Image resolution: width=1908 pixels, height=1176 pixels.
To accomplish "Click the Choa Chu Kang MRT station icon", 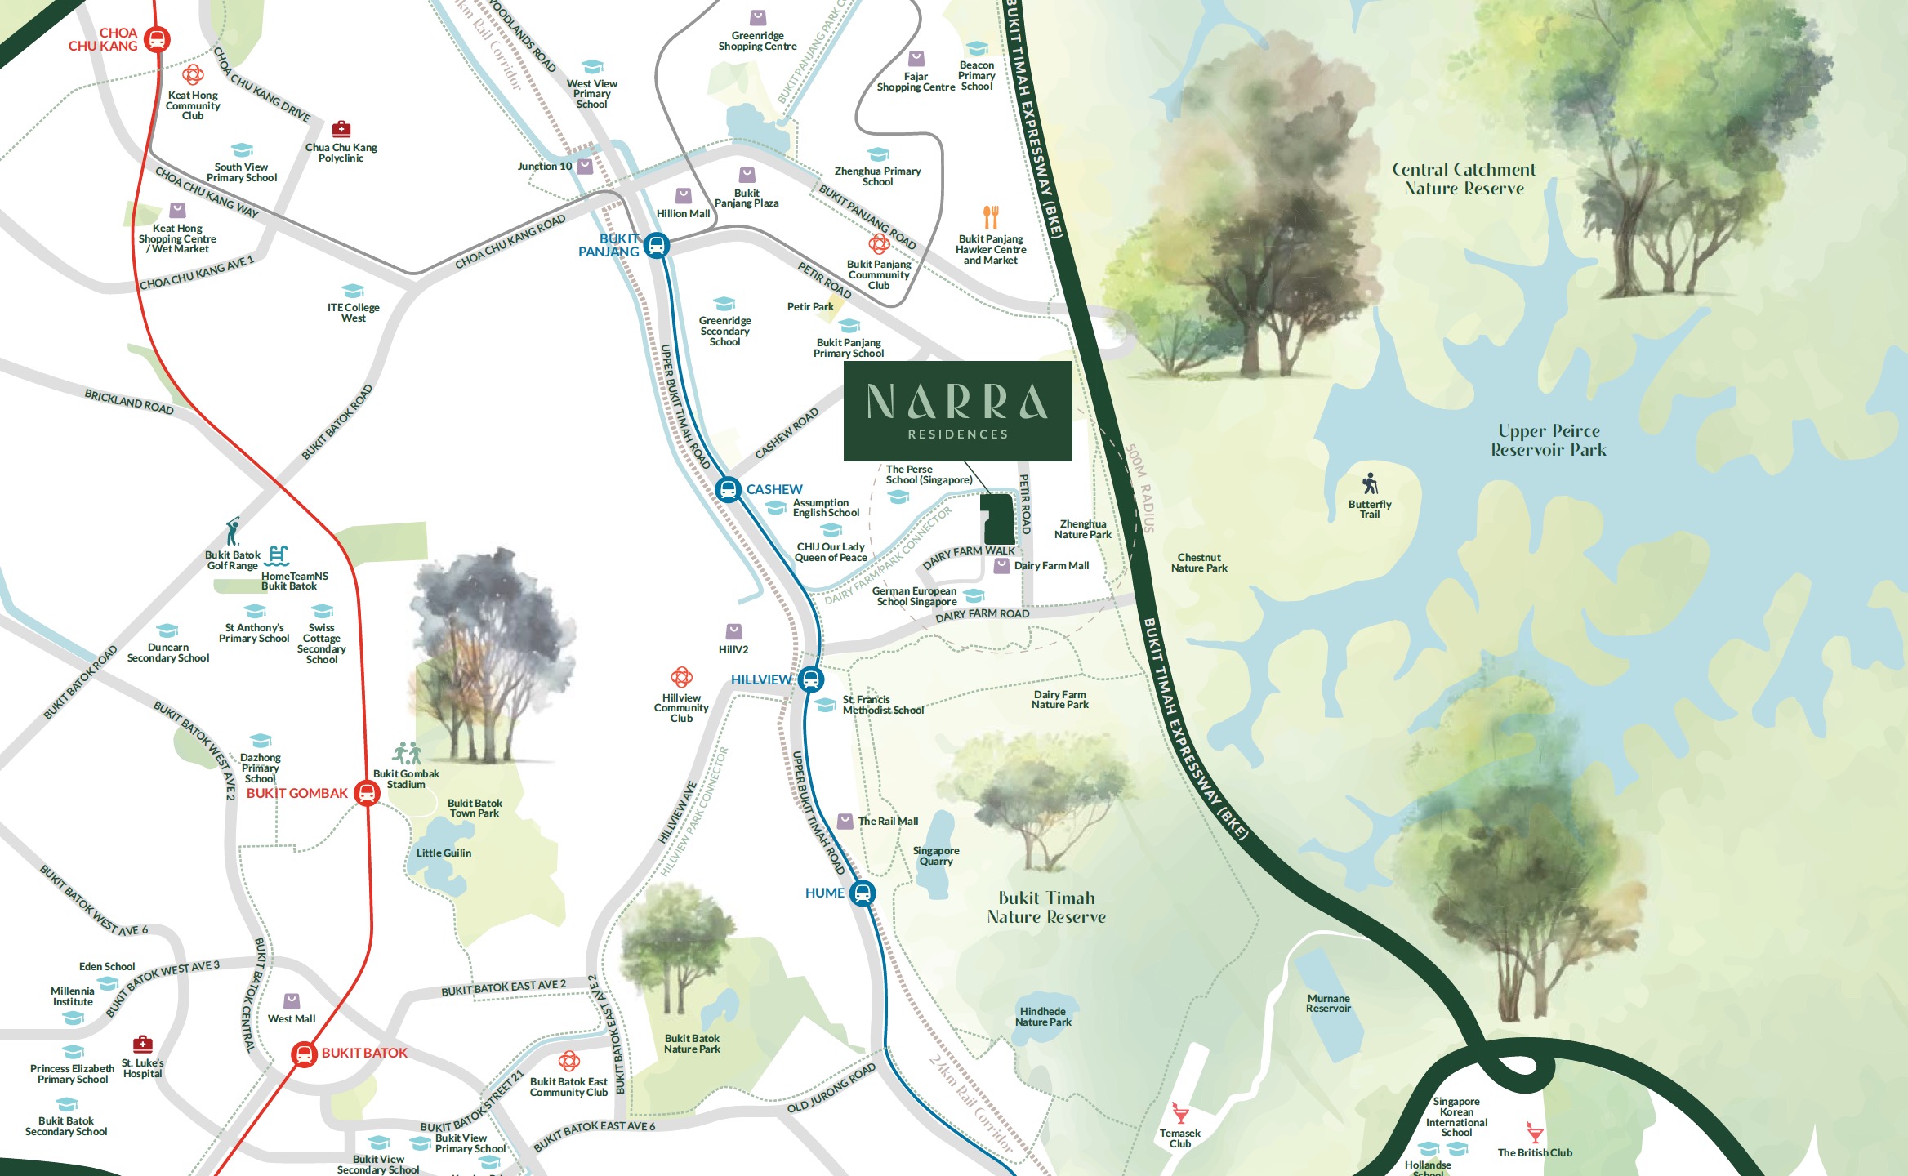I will [x=157, y=39].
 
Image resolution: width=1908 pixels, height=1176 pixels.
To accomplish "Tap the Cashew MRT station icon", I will [x=727, y=489].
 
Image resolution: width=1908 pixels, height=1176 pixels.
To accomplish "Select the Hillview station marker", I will [x=810, y=679].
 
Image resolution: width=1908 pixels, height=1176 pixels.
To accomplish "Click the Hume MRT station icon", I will [x=862, y=893].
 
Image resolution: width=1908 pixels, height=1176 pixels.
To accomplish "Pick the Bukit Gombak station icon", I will [x=368, y=793].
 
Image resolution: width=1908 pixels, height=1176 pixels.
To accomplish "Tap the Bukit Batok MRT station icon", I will [x=304, y=1053].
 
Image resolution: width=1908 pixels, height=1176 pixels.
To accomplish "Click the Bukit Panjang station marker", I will [x=657, y=245].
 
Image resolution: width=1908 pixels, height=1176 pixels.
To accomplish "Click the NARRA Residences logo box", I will [x=957, y=411].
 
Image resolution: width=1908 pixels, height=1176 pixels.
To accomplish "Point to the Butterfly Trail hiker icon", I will [x=1370, y=483].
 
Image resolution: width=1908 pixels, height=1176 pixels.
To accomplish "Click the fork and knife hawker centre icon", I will [x=991, y=217].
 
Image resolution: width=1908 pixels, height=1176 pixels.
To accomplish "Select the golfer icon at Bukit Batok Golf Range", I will [x=234, y=532].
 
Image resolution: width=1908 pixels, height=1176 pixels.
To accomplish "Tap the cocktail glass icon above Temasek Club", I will [x=1180, y=1113].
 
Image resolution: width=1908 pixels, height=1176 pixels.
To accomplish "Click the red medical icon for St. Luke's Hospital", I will [x=143, y=1044].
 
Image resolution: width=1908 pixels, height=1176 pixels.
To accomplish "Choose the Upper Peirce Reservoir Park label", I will [x=1548, y=440].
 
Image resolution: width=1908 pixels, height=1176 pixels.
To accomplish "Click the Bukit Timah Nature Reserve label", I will [x=1046, y=907].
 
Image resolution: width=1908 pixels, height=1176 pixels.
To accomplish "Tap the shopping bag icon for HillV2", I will [x=733, y=631].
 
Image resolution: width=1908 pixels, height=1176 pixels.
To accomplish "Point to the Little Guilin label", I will [x=444, y=853].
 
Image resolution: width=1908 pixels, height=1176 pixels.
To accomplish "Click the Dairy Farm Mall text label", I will [x=1051, y=565].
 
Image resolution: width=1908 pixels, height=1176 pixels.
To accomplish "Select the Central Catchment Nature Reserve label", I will [x=1464, y=179].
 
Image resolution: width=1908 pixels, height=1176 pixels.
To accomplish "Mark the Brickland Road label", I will [x=129, y=401].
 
